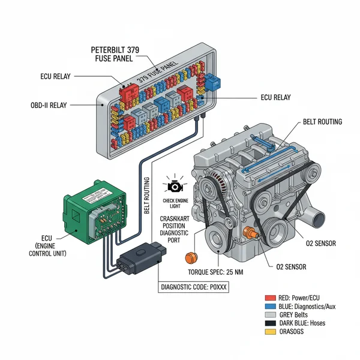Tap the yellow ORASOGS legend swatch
tap(269, 331)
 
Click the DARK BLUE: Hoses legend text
tap(306, 323)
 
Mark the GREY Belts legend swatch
tap(269, 314)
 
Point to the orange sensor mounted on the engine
tap(250, 233)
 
